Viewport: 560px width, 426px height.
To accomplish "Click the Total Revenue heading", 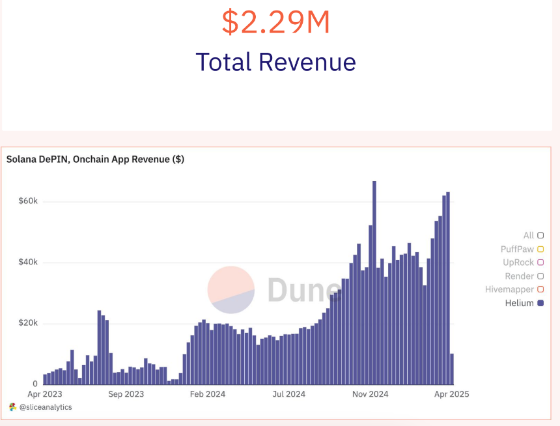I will pyautogui.click(x=276, y=62).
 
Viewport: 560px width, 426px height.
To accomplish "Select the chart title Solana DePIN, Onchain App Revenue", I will pyautogui.click(x=95, y=159).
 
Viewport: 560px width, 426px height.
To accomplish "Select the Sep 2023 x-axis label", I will pyautogui.click(x=126, y=394).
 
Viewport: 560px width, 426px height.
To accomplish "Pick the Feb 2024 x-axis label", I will pyautogui.click(x=208, y=394).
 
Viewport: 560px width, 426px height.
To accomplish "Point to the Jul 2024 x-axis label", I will pyautogui.click(x=288, y=394).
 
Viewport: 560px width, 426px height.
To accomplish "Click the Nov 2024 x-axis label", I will pyautogui.click(x=370, y=394).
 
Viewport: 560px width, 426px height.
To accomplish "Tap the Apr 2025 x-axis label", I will pyautogui.click(x=451, y=394).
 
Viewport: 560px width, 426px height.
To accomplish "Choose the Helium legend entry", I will pyautogui.click(x=520, y=303).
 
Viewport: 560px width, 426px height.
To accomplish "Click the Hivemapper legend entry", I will pyautogui.click(x=509, y=289).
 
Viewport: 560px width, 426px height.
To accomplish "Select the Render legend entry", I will pyautogui.click(x=519, y=276).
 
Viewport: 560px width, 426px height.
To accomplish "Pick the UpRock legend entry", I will pyautogui.click(x=518, y=263).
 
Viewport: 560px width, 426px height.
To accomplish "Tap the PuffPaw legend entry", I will pyautogui.click(x=517, y=249).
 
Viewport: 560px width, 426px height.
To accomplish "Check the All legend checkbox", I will pyautogui.click(x=540, y=236).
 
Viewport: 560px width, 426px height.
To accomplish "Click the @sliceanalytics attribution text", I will pyautogui.click(x=45, y=407).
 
